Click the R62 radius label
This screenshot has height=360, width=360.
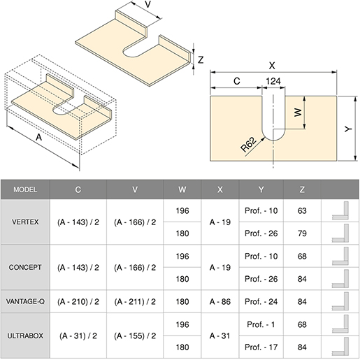point(249,145)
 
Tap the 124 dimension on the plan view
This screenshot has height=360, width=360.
point(273,81)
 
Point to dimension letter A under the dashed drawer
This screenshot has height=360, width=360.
point(38,137)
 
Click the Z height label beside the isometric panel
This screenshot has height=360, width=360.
point(201,60)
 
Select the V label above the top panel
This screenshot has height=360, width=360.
point(147,4)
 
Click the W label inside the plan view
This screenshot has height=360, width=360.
point(298,113)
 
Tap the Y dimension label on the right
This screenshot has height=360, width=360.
point(348,129)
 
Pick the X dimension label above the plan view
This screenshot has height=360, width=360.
point(272,66)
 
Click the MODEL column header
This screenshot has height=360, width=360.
point(25,189)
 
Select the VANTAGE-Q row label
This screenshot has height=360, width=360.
point(25,301)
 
